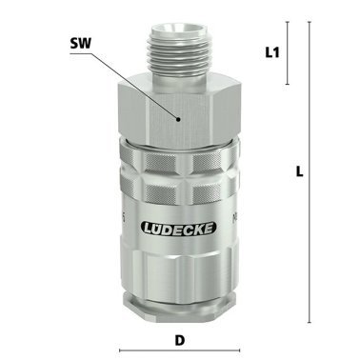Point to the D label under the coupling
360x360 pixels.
[x=180, y=337]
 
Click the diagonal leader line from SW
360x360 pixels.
[x=138, y=82]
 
